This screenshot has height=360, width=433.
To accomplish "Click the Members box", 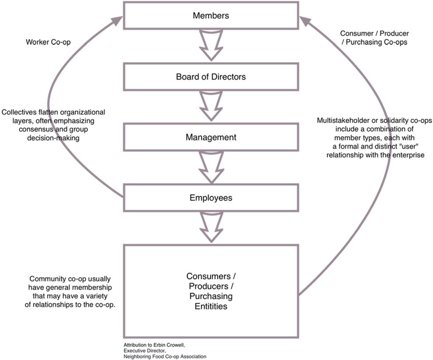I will tap(211, 16).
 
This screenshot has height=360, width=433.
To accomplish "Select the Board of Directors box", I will tap(211, 77).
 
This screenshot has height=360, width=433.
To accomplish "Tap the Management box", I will tap(211, 138).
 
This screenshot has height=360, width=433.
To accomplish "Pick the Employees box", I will tap(211, 198).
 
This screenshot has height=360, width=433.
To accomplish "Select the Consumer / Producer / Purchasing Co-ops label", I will tap(374, 38).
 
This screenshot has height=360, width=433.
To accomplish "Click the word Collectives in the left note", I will tap(19, 113).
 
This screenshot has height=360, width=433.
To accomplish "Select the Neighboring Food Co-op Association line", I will tap(165, 356).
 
